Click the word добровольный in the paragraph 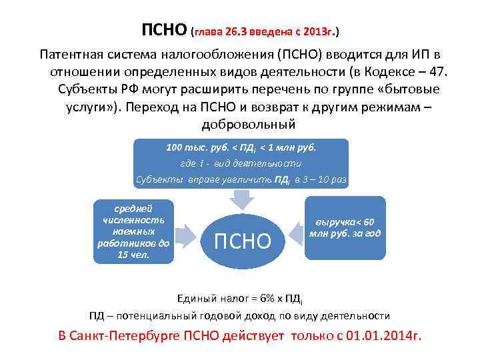coord(247,125)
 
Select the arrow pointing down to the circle coord(242,197)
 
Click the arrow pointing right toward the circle coord(190,232)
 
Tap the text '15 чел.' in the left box coord(133,255)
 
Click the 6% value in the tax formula coord(259,298)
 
